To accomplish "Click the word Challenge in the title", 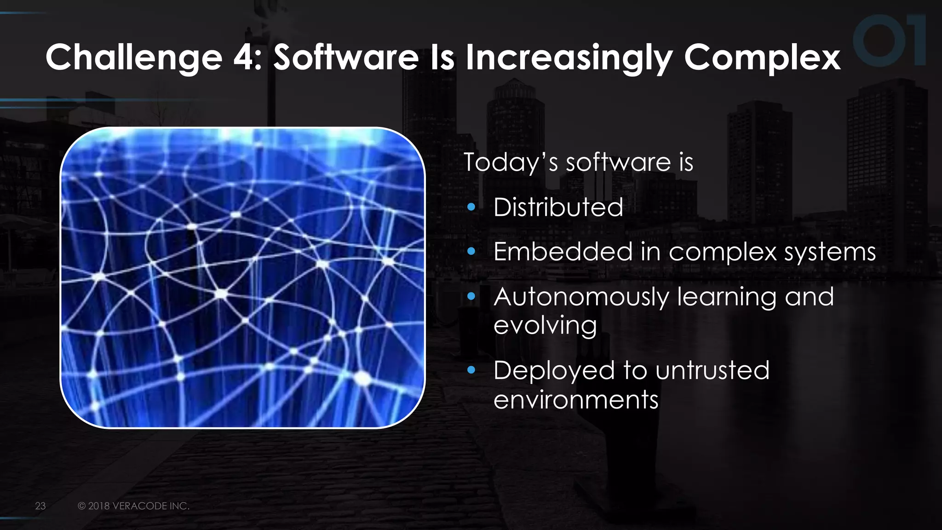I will [x=134, y=58].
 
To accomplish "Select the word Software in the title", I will [x=346, y=58].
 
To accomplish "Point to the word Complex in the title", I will [x=762, y=58].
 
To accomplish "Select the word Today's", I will [x=511, y=162].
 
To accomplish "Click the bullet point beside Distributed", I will [x=471, y=207].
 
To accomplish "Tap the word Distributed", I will [x=558, y=207].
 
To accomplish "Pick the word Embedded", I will [x=562, y=252].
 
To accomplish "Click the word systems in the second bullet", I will [x=830, y=253].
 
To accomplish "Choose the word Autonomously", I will [x=581, y=297].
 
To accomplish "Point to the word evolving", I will [x=545, y=326].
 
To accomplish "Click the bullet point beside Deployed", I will [x=471, y=370].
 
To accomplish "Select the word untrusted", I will [x=712, y=370].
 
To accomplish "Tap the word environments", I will [x=576, y=399].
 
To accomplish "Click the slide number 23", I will [x=40, y=506].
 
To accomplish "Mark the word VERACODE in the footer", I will [x=140, y=506].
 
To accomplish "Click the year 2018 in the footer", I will [x=99, y=506].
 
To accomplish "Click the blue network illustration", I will [x=242, y=277].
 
